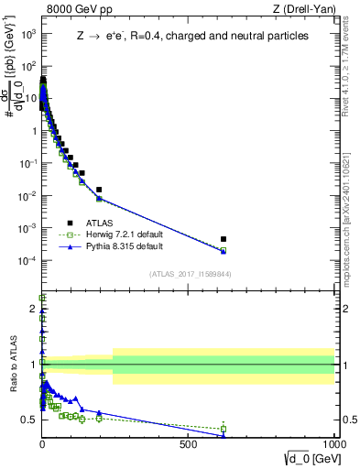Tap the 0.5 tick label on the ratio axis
click(x=29, y=420)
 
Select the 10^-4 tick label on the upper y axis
click(x=27, y=260)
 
